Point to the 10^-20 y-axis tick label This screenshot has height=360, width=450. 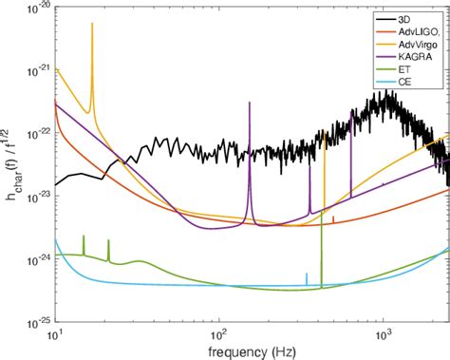pyautogui.click(x=35, y=9)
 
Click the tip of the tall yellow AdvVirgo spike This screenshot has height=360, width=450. pyautogui.click(x=92, y=23)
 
